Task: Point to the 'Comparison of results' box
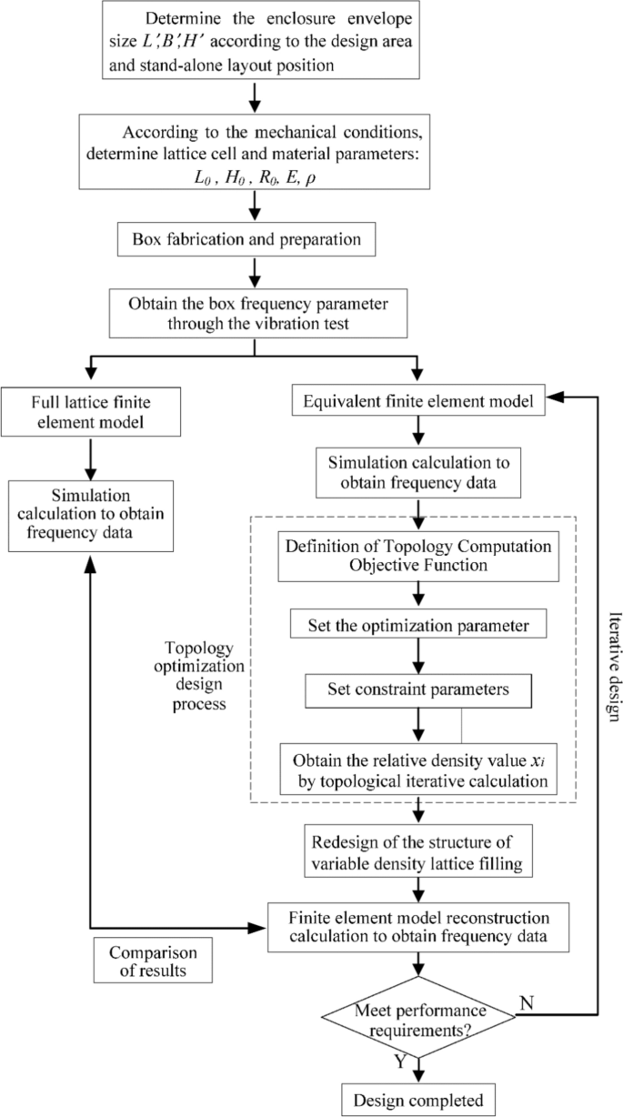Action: click(x=154, y=961)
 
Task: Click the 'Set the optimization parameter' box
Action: click(x=417, y=627)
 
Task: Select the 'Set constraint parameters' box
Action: click(x=417, y=689)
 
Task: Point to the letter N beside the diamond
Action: click(x=525, y=1002)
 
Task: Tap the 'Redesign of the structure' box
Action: click(x=417, y=850)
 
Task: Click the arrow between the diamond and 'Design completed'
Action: click(x=417, y=1068)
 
